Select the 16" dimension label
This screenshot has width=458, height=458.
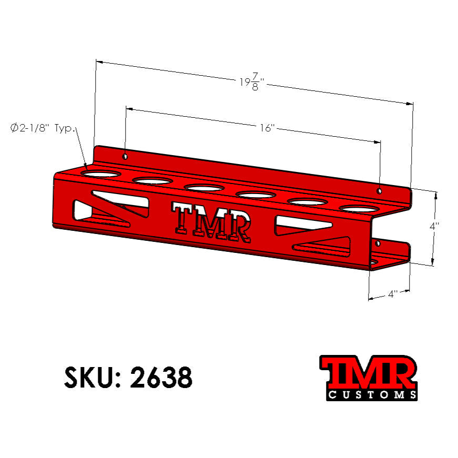268,128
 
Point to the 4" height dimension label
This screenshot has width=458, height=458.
434,226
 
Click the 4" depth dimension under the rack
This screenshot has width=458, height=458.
392,294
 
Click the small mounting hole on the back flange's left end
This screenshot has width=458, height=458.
125,156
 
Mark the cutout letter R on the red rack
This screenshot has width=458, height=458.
238,227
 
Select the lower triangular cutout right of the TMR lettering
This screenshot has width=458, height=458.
322,246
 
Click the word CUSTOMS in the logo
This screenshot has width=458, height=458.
372,394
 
